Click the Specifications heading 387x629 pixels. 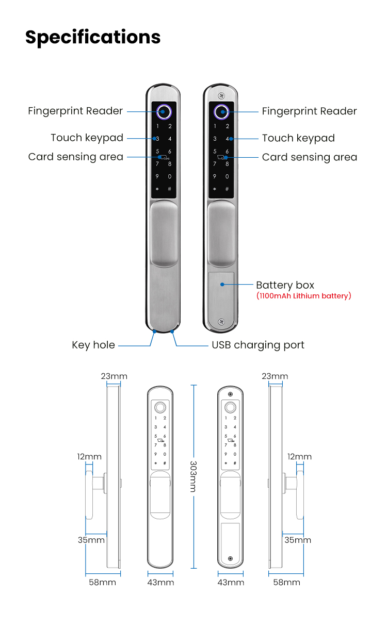pyautogui.click(x=93, y=37)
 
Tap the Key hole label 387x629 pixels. pyautogui.click(x=93, y=345)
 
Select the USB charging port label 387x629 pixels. pyautogui.click(x=258, y=345)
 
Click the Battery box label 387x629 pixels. pyautogui.click(x=285, y=285)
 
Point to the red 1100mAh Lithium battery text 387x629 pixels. pyautogui.click(x=303, y=296)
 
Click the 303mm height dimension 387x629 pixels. pyautogui.click(x=192, y=476)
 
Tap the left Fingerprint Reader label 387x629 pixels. pyautogui.click(x=75, y=111)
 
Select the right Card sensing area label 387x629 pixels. pyautogui.click(x=310, y=157)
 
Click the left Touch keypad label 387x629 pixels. pyautogui.click(x=87, y=138)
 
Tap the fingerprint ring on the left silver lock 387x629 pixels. pyautogui.click(x=164, y=111)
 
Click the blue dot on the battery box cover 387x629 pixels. pyautogui.click(x=222, y=284)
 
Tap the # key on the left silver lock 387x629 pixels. pyautogui.click(x=170, y=189)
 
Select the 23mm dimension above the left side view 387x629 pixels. pyautogui.click(x=114, y=376)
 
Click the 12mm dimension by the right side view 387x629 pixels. pyautogui.click(x=299, y=457)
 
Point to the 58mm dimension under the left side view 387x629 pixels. pyautogui.click(x=103, y=583)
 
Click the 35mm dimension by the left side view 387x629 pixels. pyautogui.click(x=91, y=540)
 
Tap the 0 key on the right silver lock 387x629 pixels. pyautogui.click(x=227, y=177)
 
